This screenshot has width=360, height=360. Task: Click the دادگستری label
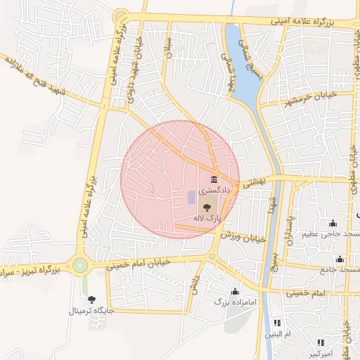tap(213, 191)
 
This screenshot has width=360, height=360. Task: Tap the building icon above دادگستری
tap(214, 181)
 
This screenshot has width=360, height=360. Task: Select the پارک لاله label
tap(208, 219)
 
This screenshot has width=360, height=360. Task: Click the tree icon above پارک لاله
tap(207, 207)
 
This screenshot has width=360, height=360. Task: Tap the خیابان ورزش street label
tap(243, 237)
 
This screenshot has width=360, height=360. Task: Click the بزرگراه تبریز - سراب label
tap(28, 270)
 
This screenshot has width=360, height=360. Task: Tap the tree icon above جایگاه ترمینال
tap(91, 299)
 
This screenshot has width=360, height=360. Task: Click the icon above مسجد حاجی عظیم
tap(332, 223)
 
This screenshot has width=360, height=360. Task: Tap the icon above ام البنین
tap(277, 323)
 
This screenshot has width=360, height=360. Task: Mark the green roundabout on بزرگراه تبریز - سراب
tap(80, 266)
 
